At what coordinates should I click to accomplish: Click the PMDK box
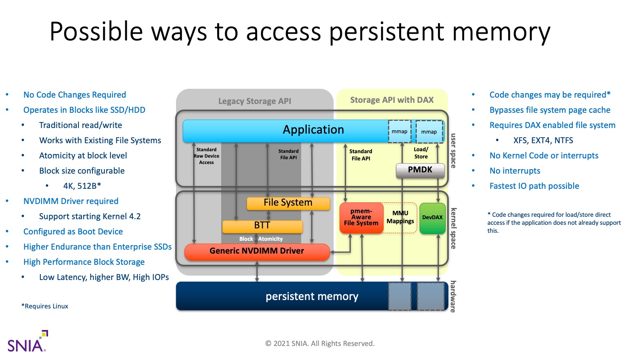click(x=420, y=170)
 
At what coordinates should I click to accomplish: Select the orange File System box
click(x=288, y=203)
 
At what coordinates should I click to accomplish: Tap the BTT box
click(x=262, y=226)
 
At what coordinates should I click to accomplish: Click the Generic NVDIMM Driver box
click(x=257, y=252)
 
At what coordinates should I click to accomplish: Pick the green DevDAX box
click(x=432, y=218)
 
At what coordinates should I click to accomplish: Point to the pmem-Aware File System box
click(x=361, y=218)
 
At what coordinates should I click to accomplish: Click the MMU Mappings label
click(x=400, y=218)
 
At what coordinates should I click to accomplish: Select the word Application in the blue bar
click(x=313, y=130)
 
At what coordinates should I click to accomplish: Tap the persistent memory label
click(x=312, y=296)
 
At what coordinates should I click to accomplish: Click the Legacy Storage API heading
click(x=254, y=101)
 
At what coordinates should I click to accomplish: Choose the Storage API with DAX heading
click(x=392, y=100)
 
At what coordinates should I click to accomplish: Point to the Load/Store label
click(x=421, y=153)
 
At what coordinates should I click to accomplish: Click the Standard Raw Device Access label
click(x=206, y=156)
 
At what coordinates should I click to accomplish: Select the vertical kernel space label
click(x=453, y=228)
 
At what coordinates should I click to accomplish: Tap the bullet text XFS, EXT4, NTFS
click(x=543, y=140)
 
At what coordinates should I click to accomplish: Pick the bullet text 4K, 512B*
click(x=82, y=186)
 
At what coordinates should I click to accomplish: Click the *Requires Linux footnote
click(x=45, y=306)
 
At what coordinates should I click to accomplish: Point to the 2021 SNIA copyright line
click(x=320, y=344)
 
